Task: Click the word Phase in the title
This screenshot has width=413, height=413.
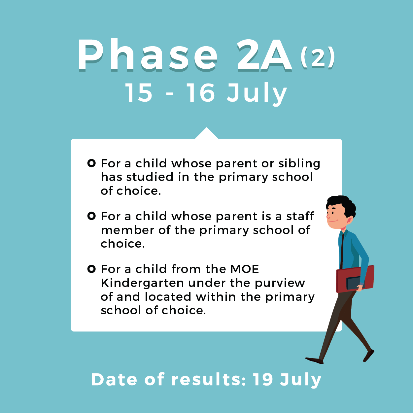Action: [148, 55]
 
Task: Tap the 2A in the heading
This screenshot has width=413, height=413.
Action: [264, 55]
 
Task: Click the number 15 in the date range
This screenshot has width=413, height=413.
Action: [139, 92]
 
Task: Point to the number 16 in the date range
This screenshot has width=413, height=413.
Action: [201, 92]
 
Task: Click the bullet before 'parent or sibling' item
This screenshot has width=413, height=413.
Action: [91, 163]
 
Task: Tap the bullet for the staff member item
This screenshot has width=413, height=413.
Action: [91, 216]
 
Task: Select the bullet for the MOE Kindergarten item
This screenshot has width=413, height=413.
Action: [91, 269]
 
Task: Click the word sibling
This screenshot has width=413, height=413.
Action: [299, 164]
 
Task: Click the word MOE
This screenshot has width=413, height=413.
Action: [245, 269]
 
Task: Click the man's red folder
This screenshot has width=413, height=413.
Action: [355, 279]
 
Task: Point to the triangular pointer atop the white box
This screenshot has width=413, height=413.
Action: [206, 134]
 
